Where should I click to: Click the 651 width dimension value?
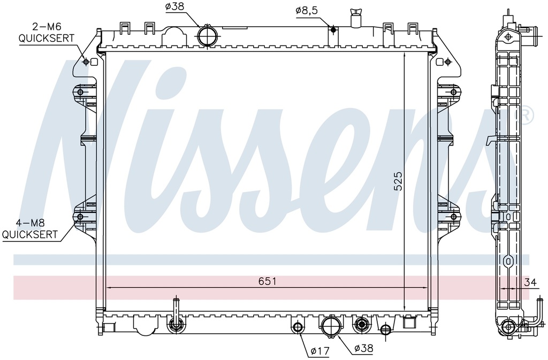point(268,281)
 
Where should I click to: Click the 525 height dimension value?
point(398,180)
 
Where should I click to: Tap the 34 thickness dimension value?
point(530,282)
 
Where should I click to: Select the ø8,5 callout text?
point(307,11)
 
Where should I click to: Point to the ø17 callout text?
point(320,350)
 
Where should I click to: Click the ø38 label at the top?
point(175,6)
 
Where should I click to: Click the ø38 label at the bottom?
point(363,348)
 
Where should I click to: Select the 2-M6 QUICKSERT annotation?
point(46,33)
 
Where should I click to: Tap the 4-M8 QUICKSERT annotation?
point(29,229)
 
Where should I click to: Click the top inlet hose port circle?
point(207,36)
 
